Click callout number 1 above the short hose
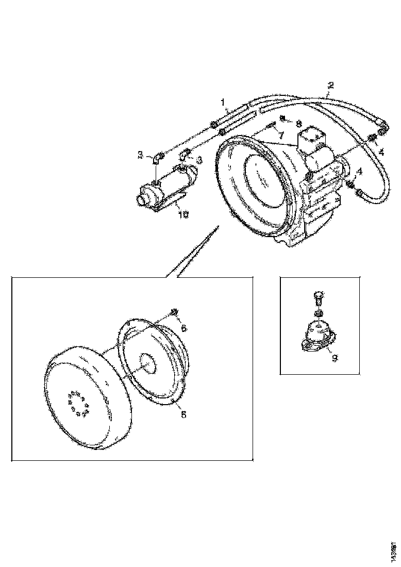224,103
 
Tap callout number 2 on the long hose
330,85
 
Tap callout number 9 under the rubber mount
335,357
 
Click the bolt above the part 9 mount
318,297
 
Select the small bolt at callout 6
174,311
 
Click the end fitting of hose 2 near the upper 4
382,124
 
